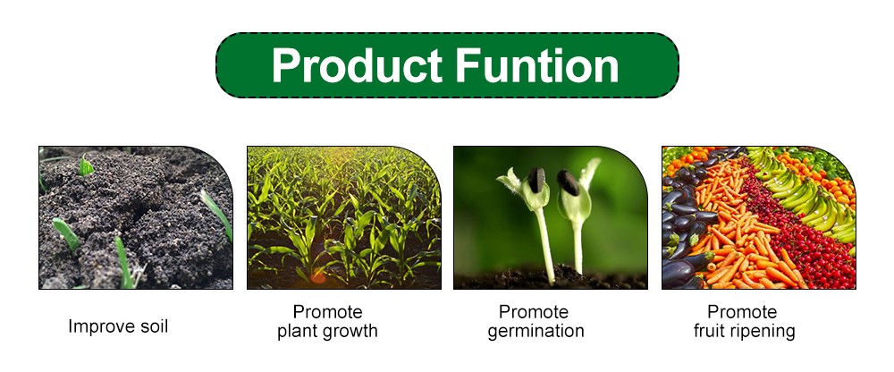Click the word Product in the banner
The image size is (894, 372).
(x=357, y=66)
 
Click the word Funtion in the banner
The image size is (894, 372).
(x=537, y=65)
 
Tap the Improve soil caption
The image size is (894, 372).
(x=118, y=326)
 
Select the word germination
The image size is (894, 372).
(x=536, y=332)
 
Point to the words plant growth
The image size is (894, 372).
(x=327, y=332)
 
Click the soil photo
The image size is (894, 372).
(x=136, y=217)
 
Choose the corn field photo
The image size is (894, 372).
(x=344, y=217)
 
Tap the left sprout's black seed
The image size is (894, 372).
(x=536, y=180)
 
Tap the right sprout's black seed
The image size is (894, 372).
(x=568, y=182)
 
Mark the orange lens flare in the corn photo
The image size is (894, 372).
(x=317, y=277)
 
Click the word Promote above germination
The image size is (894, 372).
(x=534, y=312)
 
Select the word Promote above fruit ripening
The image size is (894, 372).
(x=742, y=312)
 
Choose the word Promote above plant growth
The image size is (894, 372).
(x=328, y=312)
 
